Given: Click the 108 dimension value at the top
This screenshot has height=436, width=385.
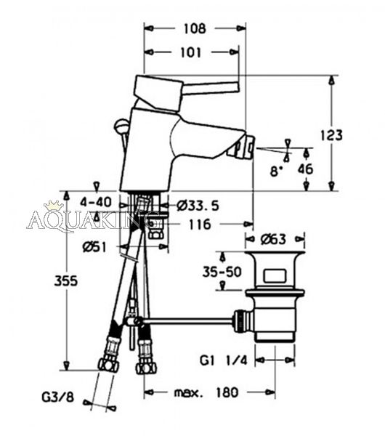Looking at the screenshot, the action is click(x=195, y=28).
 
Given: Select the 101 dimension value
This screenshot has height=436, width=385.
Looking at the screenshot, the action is click(x=190, y=52).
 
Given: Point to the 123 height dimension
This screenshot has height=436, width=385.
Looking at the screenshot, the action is click(x=332, y=135).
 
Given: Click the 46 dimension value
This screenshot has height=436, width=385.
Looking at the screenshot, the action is click(x=305, y=169).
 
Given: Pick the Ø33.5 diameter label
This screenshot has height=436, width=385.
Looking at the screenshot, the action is click(x=198, y=206).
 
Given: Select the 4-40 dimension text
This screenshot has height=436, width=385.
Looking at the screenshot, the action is click(x=96, y=202).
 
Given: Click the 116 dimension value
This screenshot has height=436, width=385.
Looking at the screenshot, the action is click(x=200, y=224).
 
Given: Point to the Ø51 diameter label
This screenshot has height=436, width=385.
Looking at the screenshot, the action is click(x=94, y=246).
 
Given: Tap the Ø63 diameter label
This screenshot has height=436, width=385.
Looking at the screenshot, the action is click(x=274, y=239).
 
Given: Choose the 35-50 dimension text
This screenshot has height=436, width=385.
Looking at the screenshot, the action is click(x=222, y=272).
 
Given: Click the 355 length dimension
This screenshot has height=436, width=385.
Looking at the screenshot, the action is click(x=66, y=281).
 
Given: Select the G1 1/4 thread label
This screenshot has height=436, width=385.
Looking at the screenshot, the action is click(x=223, y=360).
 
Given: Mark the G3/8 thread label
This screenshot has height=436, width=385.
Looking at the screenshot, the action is click(x=58, y=397).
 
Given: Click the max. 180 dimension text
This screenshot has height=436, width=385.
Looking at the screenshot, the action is click(x=206, y=392).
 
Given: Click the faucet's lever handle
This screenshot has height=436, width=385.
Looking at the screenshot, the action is click(x=186, y=89).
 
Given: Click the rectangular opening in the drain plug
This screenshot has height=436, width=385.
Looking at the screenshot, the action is click(x=275, y=276).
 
